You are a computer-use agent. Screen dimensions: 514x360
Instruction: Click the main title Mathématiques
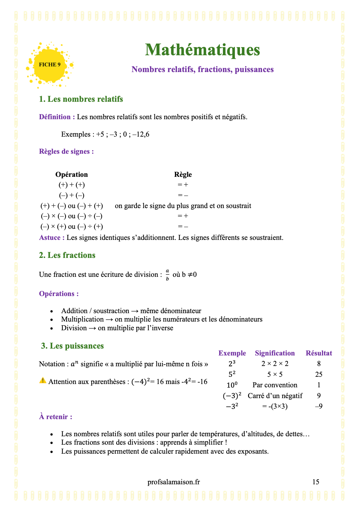(202, 50)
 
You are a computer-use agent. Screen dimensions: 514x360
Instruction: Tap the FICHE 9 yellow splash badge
(50, 65)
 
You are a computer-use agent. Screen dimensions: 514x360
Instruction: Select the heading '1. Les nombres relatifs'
(81, 99)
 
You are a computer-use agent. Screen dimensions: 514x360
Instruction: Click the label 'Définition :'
(57, 117)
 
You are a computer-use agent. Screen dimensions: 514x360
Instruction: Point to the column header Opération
(72, 174)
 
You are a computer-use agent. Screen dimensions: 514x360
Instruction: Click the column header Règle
(183, 174)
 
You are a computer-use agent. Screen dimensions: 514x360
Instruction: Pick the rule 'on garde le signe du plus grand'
(183, 206)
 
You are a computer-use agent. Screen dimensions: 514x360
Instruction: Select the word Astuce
(50, 238)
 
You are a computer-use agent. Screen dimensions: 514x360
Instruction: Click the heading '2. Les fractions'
(67, 255)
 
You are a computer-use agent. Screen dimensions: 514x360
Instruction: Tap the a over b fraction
(167, 275)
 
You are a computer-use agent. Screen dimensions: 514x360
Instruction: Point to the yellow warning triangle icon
(43, 380)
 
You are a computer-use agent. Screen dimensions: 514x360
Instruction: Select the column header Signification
(275, 353)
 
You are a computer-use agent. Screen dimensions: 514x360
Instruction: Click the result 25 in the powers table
(319, 374)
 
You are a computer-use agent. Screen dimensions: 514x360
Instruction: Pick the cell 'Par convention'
(275, 385)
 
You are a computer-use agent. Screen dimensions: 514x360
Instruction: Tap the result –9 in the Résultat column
(319, 407)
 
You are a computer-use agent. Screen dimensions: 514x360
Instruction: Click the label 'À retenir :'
(55, 417)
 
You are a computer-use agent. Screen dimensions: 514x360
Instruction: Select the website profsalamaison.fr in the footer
(174, 482)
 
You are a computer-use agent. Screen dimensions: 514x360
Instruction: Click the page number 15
(316, 482)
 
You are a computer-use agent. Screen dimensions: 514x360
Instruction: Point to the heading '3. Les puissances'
(72, 346)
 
